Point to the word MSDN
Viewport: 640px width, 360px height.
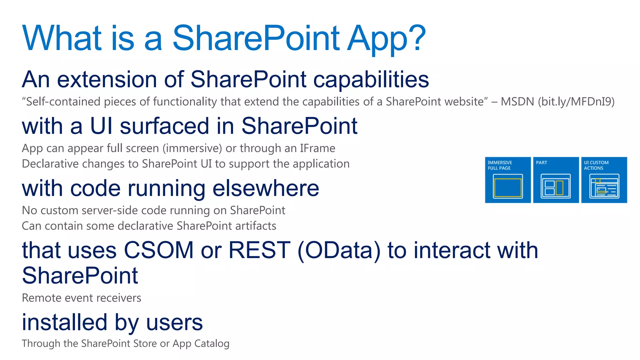[x=517, y=102]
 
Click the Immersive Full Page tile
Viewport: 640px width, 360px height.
[x=508, y=180]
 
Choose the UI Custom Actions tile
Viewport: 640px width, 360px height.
[x=604, y=180]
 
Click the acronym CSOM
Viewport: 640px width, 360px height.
[x=159, y=250]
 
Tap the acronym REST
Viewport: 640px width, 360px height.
[x=259, y=250]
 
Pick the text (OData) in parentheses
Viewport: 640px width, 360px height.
[x=339, y=251]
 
